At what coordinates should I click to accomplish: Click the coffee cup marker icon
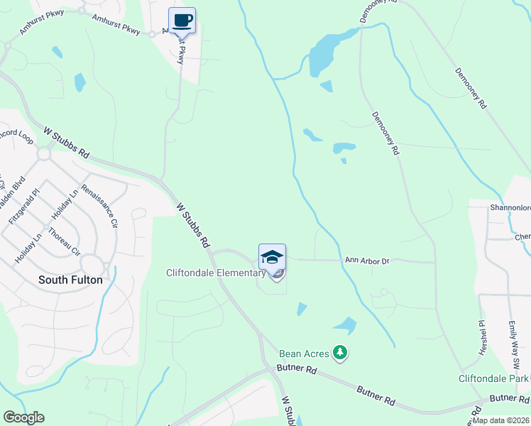click(182, 21)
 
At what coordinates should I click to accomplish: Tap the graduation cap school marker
click(272, 257)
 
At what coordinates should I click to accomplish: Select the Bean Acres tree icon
click(341, 353)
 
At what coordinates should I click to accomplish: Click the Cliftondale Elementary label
click(215, 273)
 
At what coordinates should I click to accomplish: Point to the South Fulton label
click(70, 280)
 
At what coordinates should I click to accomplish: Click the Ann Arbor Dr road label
click(367, 261)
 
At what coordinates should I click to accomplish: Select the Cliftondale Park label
click(493, 379)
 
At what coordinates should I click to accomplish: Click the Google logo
click(23, 417)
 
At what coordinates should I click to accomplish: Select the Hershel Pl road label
click(481, 332)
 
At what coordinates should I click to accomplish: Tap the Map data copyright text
click(501, 420)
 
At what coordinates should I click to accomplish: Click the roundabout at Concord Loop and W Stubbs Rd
click(45, 153)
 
